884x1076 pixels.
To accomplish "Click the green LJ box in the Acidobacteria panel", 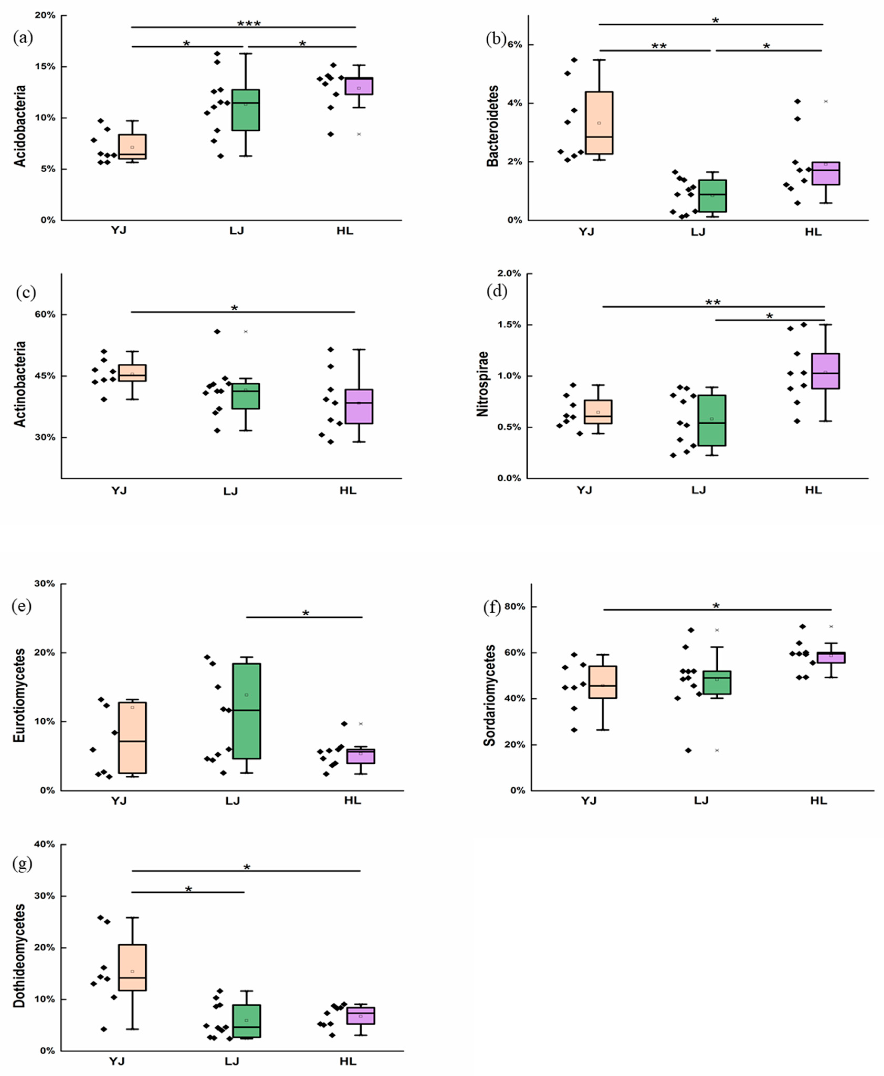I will click(x=246, y=110).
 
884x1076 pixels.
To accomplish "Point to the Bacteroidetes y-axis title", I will click(x=493, y=126).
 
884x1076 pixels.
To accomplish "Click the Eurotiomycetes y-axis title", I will click(x=19, y=695).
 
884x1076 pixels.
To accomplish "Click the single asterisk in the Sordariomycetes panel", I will click(x=716, y=606).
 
